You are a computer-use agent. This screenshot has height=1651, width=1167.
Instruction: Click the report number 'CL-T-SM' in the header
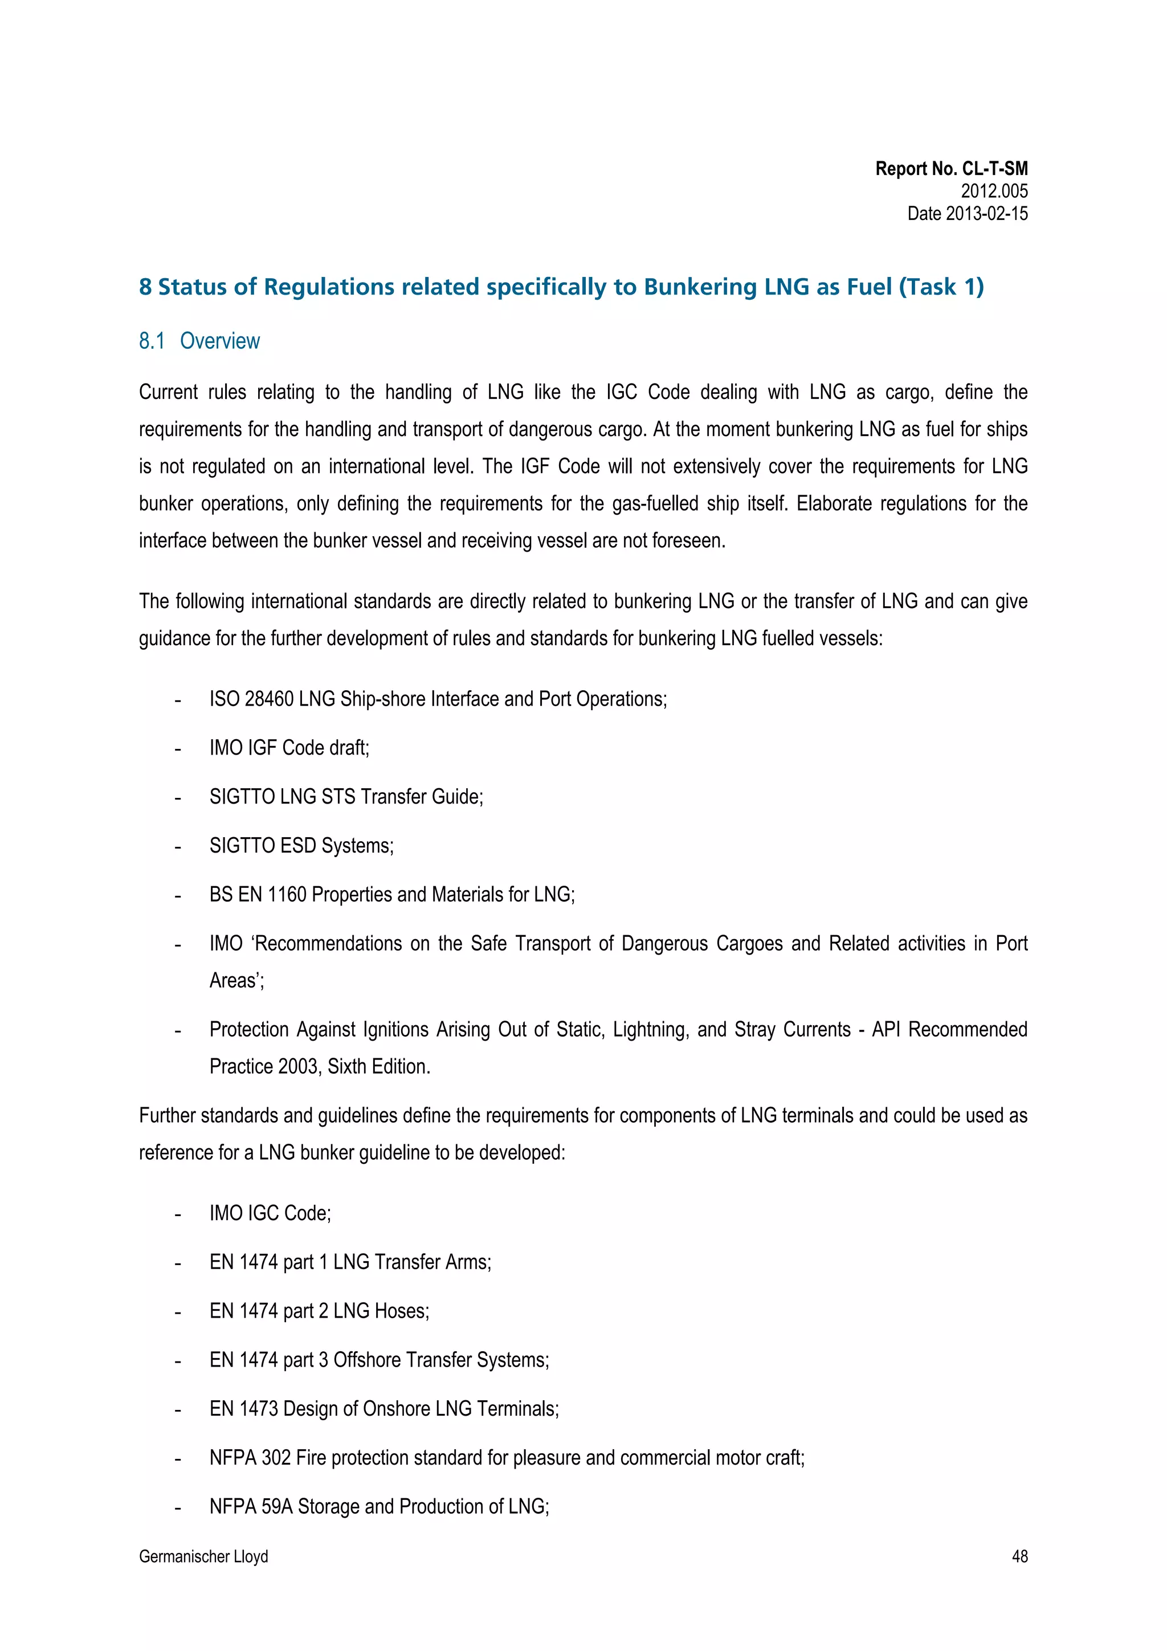[x=994, y=169]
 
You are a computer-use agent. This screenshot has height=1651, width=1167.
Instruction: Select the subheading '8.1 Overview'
[x=199, y=341]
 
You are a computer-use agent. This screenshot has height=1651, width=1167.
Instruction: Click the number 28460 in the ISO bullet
[x=269, y=699]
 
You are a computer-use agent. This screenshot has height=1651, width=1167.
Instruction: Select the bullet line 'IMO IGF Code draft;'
[x=289, y=748]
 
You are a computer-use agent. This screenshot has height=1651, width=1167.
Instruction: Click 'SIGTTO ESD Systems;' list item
[x=301, y=846]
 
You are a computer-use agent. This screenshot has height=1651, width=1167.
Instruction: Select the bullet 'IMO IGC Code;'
[x=270, y=1213]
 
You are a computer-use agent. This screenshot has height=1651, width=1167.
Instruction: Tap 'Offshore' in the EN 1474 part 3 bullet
[x=367, y=1360]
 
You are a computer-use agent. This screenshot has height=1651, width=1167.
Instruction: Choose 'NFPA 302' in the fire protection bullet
[x=250, y=1458]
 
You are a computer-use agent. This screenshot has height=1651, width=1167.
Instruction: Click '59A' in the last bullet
[x=277, y=1506]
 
